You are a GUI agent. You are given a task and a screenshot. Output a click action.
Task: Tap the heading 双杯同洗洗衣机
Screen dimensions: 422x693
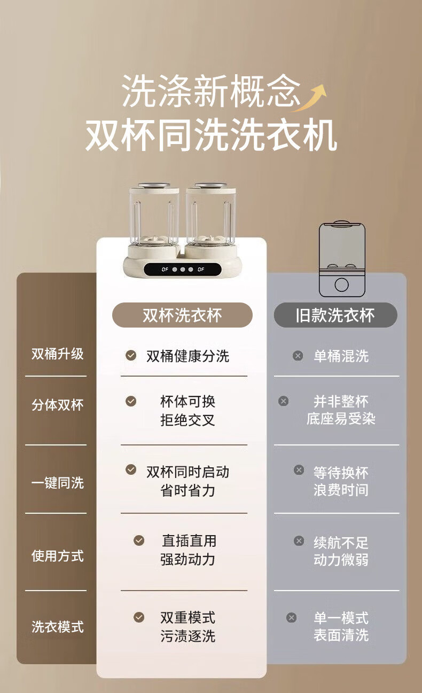[x=212, y=136]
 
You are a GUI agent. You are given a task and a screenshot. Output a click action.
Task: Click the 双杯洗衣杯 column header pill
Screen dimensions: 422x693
[x=182, y=315]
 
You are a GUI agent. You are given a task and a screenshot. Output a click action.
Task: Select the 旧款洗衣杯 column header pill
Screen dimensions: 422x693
[x=335, y=315]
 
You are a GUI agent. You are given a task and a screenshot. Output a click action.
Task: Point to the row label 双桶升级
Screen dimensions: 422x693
[x=58, y=354]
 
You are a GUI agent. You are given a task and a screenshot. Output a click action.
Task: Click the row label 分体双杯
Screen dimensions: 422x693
[x=58, y=405]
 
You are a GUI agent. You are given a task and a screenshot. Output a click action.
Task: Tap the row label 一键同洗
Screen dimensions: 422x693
[x=58, y=483]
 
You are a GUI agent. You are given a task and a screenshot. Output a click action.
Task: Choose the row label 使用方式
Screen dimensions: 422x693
[x=58, y=556]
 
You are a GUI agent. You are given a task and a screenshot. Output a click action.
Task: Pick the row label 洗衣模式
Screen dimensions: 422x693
[x=58, y=627]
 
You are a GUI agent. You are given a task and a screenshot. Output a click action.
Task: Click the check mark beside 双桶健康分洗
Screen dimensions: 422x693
[x=131, y=355]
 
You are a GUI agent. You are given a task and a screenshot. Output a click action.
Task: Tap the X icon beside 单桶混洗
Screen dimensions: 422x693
[x=298, y=355]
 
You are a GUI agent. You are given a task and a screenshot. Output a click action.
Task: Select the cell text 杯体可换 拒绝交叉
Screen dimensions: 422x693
[x=187, y=411]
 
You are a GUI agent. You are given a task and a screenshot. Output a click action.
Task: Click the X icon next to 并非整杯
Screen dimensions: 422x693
[x=283, y=401]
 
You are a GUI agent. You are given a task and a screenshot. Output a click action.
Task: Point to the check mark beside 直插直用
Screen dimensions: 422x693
[x=139, y=540]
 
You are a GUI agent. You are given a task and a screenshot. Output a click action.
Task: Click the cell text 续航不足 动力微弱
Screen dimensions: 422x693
[x=341, y=551]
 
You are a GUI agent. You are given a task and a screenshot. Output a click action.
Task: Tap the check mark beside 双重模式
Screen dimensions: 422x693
[x=139, y=617]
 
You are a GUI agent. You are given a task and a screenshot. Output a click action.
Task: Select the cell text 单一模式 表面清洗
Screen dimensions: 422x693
[x=341, y=627]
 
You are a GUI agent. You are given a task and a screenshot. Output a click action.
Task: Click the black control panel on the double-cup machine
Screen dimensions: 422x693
[x=183, y=269]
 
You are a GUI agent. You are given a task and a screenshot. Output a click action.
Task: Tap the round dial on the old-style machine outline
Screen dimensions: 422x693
[x=342, y=285]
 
